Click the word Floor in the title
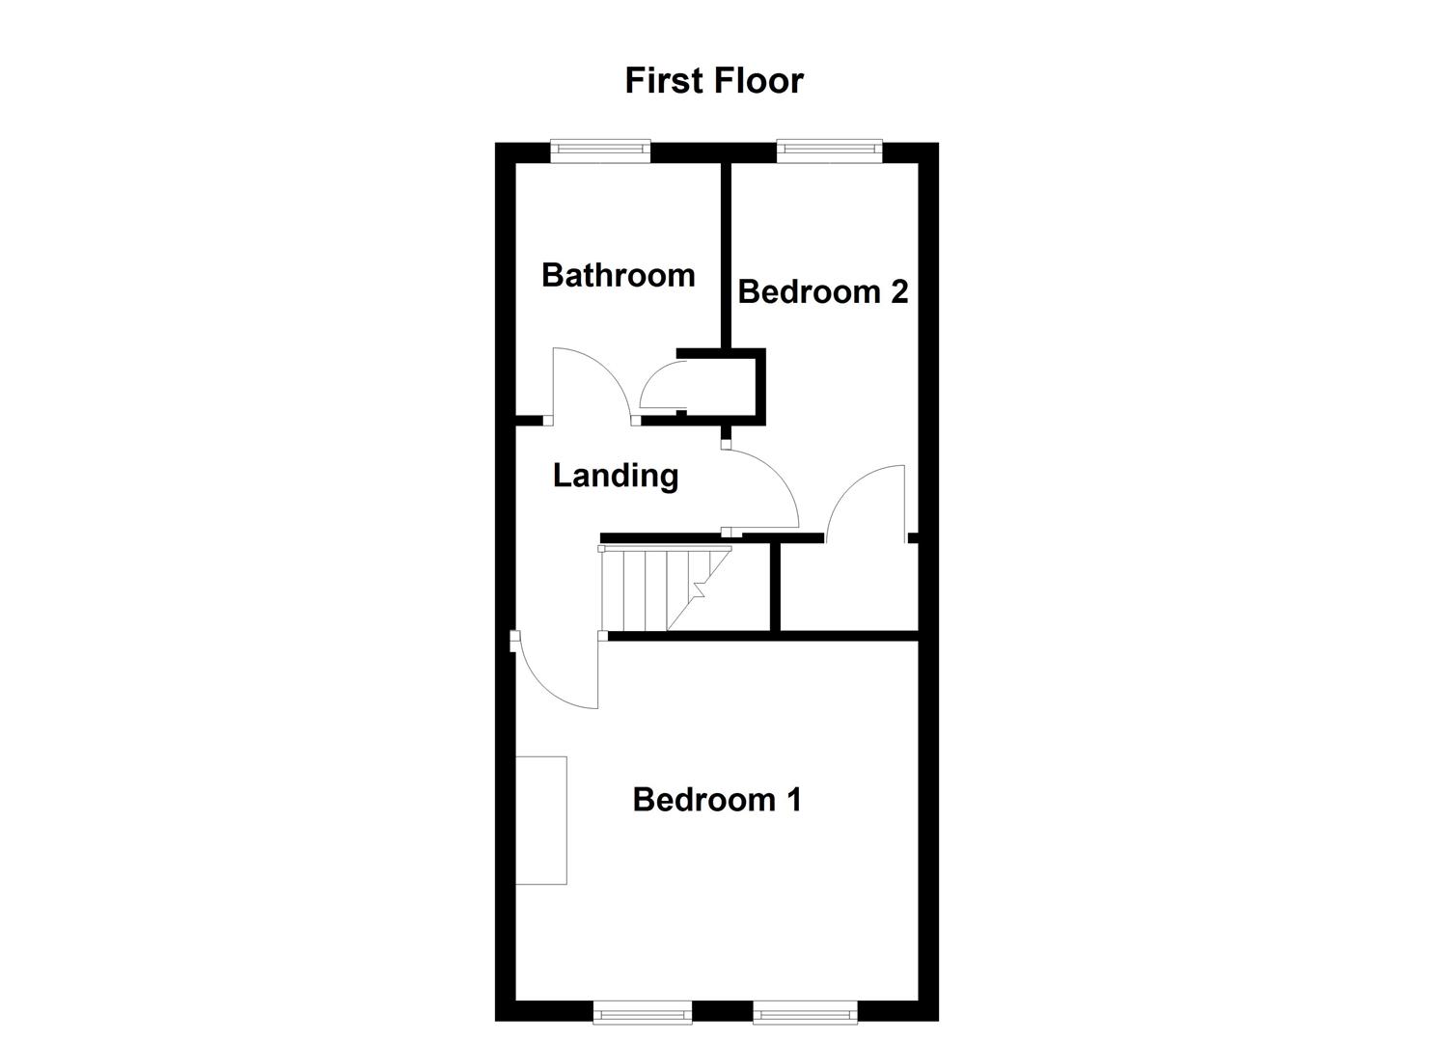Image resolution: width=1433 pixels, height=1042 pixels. click(x=758, y=80)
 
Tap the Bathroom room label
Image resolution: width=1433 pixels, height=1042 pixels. click(x=618, y=275)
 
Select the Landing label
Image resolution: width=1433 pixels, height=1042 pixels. click(x=615, y=475)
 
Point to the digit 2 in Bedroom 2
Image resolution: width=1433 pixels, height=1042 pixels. click(x=898, y=291)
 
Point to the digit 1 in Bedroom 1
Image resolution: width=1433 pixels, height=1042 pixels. click(x=792, y=800)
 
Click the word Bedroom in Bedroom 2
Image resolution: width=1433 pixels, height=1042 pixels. click(x=810, y=291)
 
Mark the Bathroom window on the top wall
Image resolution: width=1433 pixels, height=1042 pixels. click(x=600, y=151)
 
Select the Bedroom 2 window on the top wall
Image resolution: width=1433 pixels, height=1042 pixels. click(x=829, y=150)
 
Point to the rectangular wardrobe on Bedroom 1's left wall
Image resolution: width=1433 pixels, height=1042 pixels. click(x=540, y=820)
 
